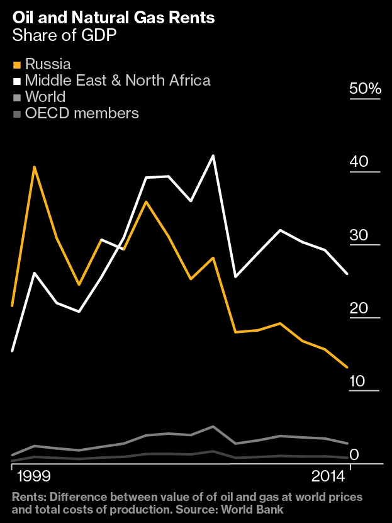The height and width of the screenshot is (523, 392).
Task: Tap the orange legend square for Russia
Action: coord(17,65)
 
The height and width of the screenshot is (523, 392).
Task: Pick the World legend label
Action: coord(45,97)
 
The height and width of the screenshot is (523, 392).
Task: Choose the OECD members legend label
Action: coord(82,113)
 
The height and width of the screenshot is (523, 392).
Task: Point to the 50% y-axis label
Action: coord(365,89)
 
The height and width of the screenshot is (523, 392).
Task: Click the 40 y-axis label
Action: coord(359,161)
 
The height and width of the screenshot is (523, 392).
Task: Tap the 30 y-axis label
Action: coord(359,235)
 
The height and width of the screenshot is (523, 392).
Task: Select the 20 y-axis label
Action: coord(358,308)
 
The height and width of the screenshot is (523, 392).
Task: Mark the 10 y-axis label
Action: coord(357,381)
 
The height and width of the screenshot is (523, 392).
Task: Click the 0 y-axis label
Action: coord(354,454)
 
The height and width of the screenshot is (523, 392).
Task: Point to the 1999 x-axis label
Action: coord(35,474)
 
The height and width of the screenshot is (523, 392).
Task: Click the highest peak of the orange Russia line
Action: coord(35,167)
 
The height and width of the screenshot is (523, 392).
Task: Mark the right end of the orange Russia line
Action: coord(347,367)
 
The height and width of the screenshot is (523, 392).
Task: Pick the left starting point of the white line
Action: coord(13,350)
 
